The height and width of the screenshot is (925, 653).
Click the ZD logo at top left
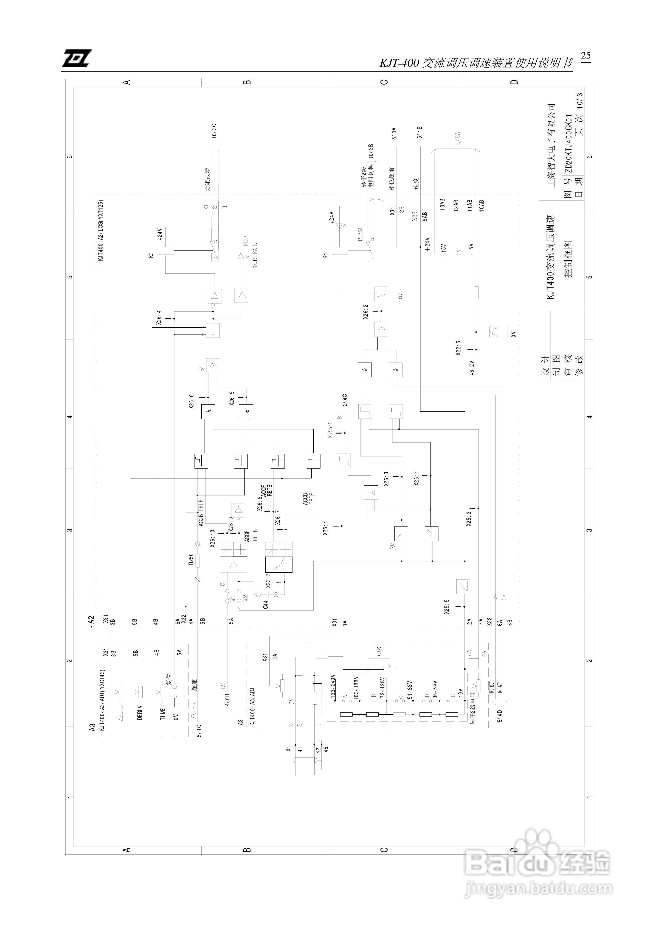[77, 58]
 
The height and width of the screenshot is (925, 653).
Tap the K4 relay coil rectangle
[339, 250]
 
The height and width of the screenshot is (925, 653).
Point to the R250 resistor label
[191, 559]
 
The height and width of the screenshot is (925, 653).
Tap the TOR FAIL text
[255, 255]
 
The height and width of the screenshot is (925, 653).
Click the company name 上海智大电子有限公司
[551, 145]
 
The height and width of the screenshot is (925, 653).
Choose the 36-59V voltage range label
[435, 689]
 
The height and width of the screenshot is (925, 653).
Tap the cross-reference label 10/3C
[215, 131]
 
